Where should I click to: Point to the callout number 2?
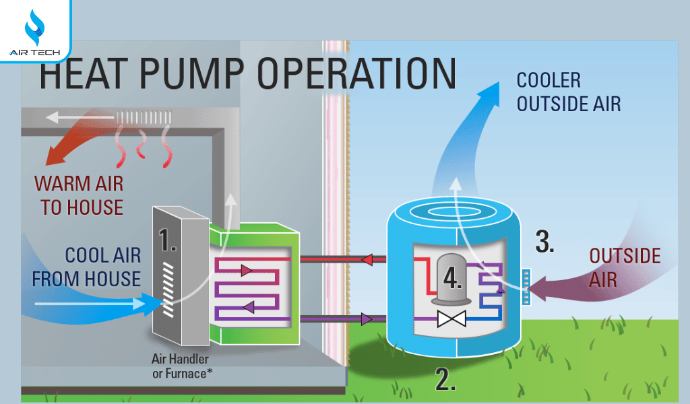tap(445, 380)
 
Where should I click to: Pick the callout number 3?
tap(544, 241)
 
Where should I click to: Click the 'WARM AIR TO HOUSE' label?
tap(80, 195)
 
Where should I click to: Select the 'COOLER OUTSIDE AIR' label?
tap(568, 92)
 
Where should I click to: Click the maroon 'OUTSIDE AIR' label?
tap(625, 267)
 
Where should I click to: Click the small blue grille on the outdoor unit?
tap(526, 285)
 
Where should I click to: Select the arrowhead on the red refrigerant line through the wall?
tap(367, 259)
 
